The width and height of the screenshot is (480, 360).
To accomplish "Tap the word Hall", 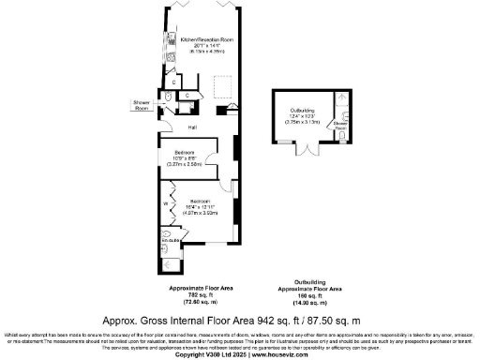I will (x=192, y=127).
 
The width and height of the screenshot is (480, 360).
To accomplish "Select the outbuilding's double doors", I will (x=303, y=149).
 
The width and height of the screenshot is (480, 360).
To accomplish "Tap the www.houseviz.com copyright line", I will (x=240, y=354).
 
